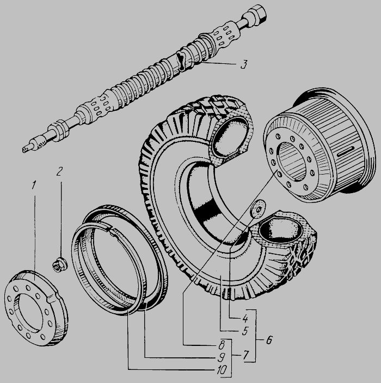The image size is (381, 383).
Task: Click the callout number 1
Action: [34, 185]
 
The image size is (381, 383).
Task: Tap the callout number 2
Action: [59, 171]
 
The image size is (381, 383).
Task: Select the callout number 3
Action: [244, 64]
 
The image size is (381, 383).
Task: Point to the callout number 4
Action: [245, 318]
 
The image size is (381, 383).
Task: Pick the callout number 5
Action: [245, 331]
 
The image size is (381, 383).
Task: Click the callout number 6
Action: [269, 340]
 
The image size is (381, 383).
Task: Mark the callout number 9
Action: [221, 358]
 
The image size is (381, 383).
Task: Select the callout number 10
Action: [221, 370]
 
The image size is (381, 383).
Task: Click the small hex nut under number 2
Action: [59, 265]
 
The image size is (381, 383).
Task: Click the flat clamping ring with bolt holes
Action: [36, 308]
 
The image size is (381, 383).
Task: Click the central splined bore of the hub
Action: [292, 161]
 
